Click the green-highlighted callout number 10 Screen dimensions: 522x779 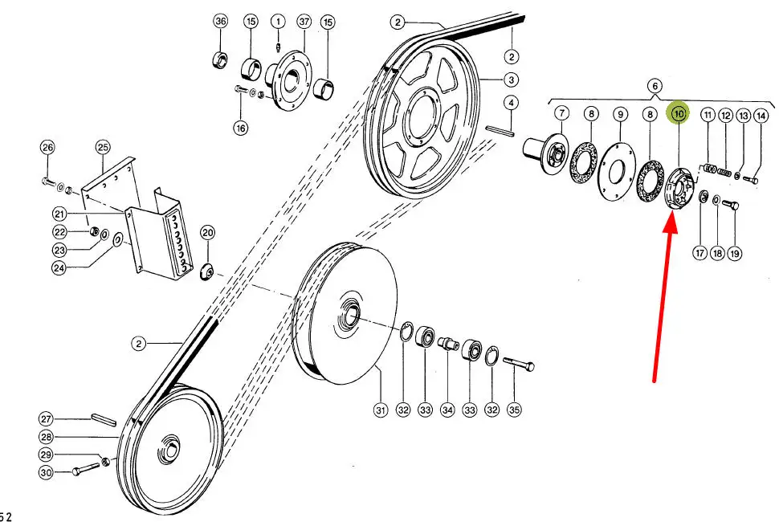679,114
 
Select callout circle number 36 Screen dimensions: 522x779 221,22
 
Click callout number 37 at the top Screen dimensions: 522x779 303,22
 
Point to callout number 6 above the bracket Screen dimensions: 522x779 655,85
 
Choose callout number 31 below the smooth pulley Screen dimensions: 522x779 381,410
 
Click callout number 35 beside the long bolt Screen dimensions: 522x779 514,410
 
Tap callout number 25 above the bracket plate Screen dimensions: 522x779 102,147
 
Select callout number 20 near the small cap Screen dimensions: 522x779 207,233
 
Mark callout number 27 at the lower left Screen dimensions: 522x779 46,418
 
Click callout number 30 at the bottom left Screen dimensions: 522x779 46,473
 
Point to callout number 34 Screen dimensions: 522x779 447,410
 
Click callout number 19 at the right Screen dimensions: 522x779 734,253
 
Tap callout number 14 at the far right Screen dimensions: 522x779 761,116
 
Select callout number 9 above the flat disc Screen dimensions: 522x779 620,115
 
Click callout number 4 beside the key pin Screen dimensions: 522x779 510,103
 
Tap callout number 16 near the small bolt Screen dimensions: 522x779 240,127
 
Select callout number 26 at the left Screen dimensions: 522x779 47,147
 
